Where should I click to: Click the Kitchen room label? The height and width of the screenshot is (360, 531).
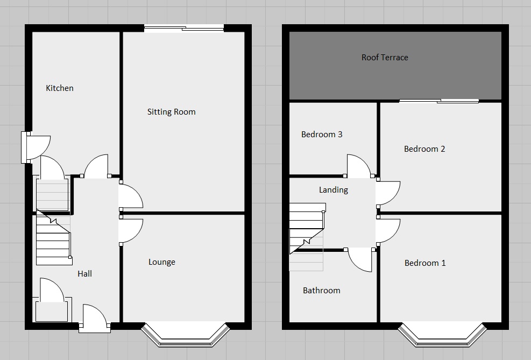point(60,88)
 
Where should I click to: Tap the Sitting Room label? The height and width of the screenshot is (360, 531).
point(172,112)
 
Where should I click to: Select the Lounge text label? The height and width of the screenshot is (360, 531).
point(162,262)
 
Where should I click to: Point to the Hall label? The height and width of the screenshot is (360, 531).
point(84,273)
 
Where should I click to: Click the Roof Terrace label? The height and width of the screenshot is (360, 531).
point(385,58)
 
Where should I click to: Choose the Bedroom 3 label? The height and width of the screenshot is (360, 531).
point(322,135)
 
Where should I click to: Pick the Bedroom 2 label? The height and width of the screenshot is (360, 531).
point(424,149)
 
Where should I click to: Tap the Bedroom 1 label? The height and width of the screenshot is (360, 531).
point(425,263)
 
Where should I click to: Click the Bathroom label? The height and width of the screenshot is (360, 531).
point(322,291)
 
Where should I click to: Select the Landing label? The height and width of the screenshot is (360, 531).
point(334,190)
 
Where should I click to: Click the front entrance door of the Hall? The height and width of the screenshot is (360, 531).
point(94,318)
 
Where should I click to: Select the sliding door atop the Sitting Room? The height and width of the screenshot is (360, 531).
point(184,29)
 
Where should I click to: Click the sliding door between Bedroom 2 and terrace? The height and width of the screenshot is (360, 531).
point(439,101)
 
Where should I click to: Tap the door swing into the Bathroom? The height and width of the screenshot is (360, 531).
point(359,262)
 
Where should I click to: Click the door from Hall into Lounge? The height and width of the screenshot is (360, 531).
point(131,231)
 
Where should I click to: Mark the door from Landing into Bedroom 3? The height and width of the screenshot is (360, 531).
point(359,166)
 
